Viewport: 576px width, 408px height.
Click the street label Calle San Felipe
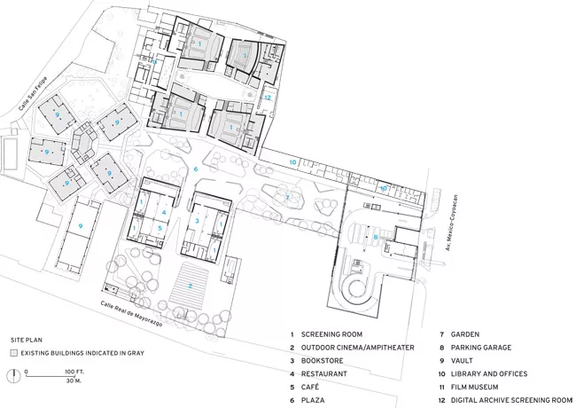click(33, 94)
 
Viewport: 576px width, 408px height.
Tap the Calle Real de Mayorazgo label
click(131, 313)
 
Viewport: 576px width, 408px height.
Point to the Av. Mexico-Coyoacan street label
click(451, 223)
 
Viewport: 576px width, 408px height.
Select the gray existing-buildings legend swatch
click(14, 353)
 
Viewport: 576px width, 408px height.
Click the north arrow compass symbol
click(14, 375)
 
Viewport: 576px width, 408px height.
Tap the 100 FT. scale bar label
click(74, 372)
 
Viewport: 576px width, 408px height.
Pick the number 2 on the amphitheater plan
click(191, 286)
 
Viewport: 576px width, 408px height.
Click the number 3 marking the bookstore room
click(197, 221)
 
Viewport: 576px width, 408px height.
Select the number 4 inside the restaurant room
click(164, 213)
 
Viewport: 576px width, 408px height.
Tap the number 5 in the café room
click(160, 228)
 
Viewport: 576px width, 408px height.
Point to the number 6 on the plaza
click(196, 169)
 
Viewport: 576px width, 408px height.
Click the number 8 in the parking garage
click(376, 238)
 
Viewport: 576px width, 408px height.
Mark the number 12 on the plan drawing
click(268, 98)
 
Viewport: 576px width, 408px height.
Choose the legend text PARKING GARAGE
click(481, 348)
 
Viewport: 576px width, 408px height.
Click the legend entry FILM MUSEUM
click(475, 387)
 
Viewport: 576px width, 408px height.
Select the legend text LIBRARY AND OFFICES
click(489, 373)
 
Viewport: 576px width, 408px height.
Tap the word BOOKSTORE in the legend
click(323, 361)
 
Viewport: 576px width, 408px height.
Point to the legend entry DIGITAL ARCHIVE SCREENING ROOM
click(511, 400)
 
